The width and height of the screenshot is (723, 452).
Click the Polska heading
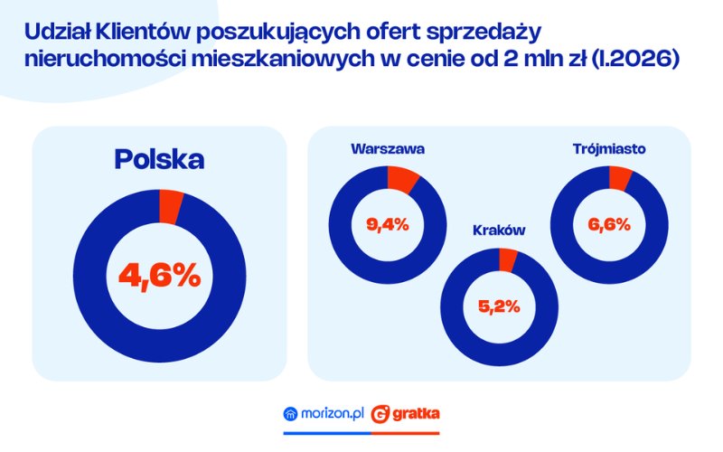[x=159, y=159]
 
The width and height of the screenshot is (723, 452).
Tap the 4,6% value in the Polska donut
[x=159, y=276]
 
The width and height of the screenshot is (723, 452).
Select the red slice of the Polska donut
[x=170, y=207]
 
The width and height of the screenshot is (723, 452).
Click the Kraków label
[x=499, y=230]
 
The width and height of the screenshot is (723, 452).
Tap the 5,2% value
[x=499, y=306]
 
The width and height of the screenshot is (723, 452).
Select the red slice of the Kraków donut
[x=508, y=260]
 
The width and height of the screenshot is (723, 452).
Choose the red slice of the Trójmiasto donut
[x=620, y=178]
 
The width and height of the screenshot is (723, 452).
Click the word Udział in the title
[x=56, y=33]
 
